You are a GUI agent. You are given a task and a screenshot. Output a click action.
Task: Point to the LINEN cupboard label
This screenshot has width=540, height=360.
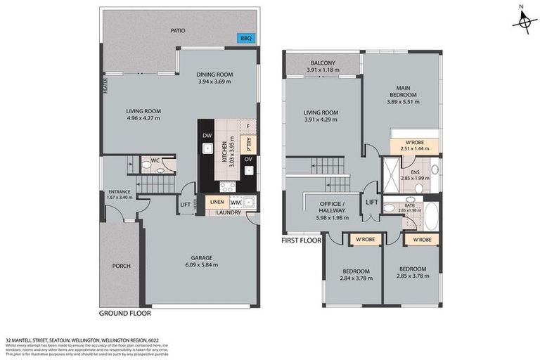coord(217,202)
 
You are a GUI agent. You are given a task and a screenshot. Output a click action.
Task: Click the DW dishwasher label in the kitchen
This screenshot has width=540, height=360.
coord(207,136)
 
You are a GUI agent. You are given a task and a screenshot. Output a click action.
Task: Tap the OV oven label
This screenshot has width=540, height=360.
coord(247,160)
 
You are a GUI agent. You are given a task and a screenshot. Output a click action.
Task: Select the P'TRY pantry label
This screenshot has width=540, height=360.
coord(247,143)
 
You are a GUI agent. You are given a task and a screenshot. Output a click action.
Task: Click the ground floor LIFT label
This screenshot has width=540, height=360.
coord(185,205)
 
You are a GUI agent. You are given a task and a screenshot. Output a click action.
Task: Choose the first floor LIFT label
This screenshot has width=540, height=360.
coord(372,202)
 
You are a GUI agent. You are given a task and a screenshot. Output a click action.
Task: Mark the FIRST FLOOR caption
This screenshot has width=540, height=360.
coord(302,240)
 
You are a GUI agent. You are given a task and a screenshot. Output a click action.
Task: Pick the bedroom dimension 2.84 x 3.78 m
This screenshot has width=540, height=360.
coord(351,277)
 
